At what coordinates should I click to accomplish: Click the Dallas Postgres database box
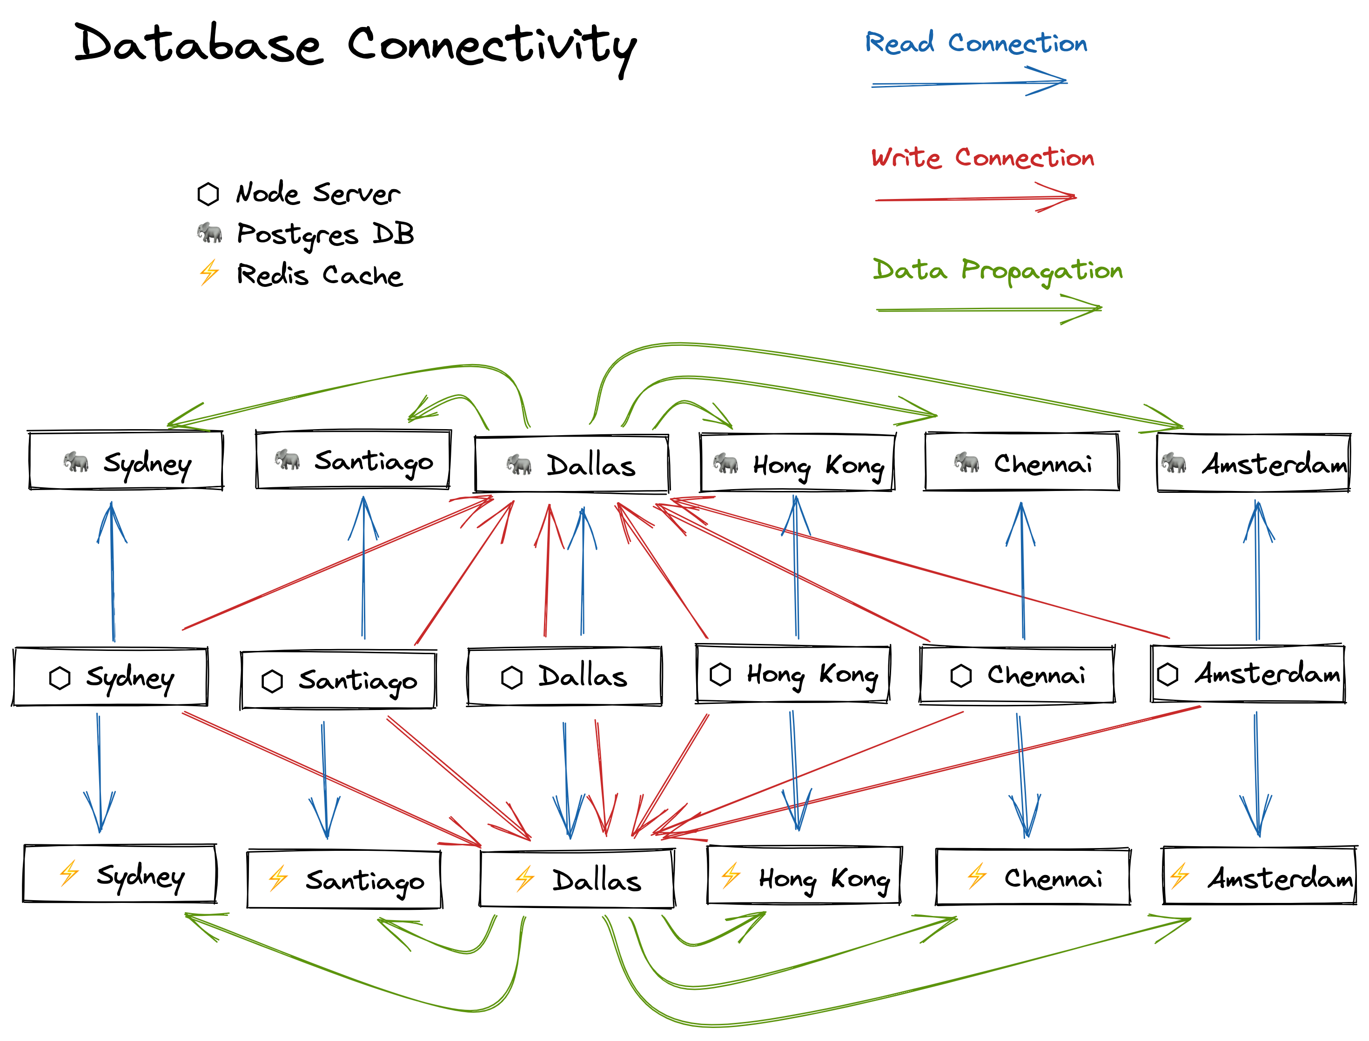[x=571, y=465]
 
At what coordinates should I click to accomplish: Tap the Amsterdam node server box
[x=1248, y=674]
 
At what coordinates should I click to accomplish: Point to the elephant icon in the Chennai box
[x=966, y=462]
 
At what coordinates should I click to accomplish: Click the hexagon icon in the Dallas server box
[x=511, y=677]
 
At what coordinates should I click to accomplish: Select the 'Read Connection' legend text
[x=976, y=43]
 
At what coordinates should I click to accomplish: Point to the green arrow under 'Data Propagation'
[x=988, y=309]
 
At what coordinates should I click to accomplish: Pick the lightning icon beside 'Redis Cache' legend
[x=209, y=272]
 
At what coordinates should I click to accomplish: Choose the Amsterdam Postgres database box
[x=1253, y=464]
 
